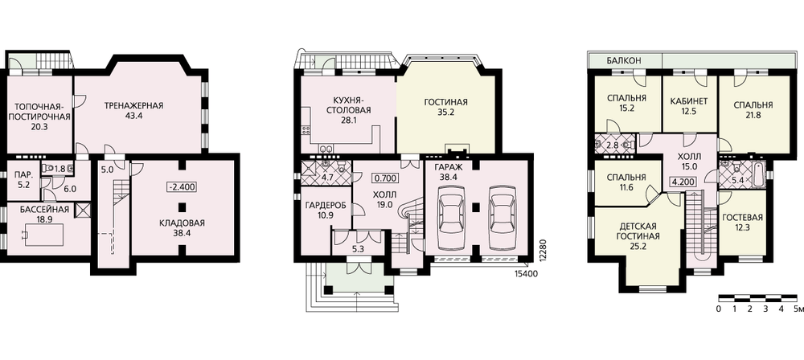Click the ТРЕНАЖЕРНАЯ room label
[x=133, y=106]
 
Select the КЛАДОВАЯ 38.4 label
[x=182, y=227]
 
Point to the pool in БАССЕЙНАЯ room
[x=44, y=235]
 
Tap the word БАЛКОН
[x=624, y=60]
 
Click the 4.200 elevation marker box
[x=682, y=181]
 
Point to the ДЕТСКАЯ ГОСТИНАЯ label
[x=639, y=236]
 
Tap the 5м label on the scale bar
[x=798, y=309]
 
